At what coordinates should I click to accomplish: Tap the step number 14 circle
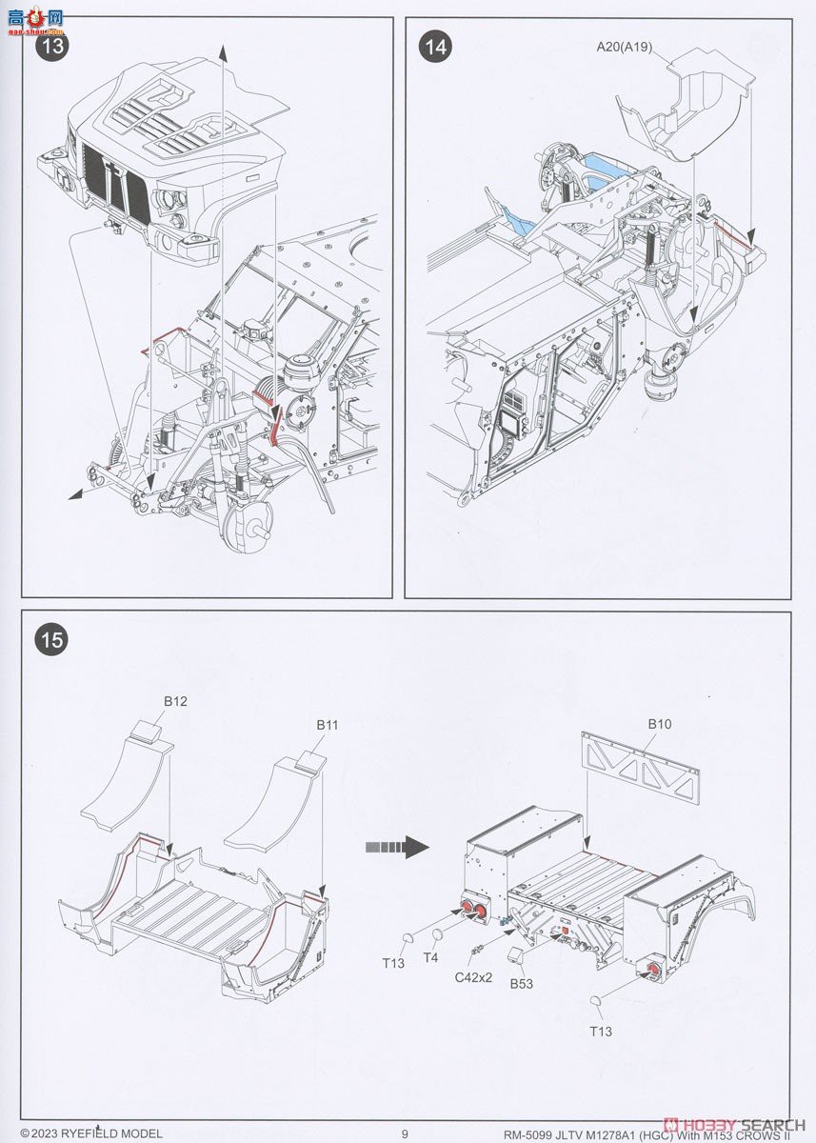436,48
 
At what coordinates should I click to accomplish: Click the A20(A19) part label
625,46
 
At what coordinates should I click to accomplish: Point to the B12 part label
174,701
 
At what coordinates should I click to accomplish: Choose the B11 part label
328,725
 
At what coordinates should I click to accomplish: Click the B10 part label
660,724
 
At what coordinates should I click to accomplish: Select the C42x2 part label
473,977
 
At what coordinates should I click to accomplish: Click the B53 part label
521,984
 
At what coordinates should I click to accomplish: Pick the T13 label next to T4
393,963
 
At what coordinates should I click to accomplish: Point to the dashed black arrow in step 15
399,846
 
